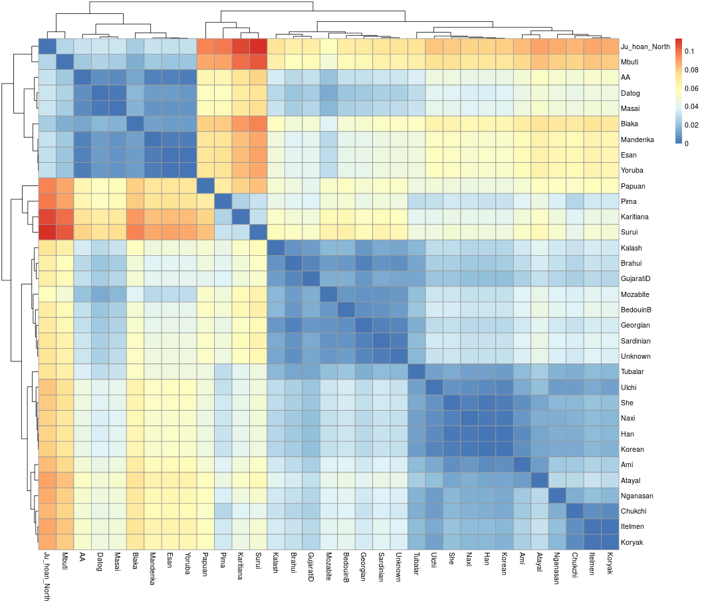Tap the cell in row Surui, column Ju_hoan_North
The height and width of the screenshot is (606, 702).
point(47,232)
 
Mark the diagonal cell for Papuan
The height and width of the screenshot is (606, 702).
point(205,185)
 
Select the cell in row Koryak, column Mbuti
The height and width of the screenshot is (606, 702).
point(64,542)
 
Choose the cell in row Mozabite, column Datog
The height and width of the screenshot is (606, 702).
point(100,294)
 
